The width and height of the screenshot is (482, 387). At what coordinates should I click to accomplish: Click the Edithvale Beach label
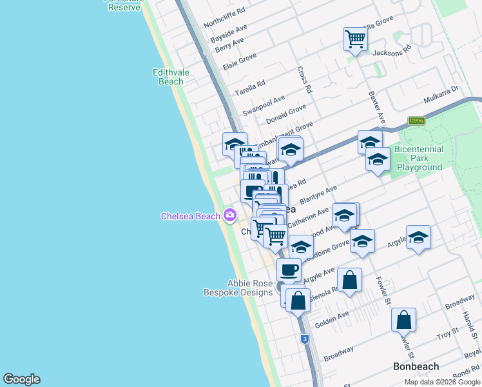click(171, 77)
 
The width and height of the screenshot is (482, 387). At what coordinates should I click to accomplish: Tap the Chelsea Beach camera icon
click(229, 216)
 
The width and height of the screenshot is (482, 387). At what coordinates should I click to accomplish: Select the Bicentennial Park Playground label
click(419, 158)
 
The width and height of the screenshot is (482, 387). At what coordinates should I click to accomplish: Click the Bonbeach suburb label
click(416, 366)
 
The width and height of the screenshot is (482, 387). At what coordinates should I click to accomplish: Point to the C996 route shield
click(416, 121)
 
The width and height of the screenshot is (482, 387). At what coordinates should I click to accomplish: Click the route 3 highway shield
click(304, 339)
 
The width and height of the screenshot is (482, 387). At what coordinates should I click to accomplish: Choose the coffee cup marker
click(289, 270)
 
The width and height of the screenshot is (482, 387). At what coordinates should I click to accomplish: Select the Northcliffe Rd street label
click(224, 17)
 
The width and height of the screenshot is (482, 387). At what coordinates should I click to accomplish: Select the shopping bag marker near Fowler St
click(403, 320)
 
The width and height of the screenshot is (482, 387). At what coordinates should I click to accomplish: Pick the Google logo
click(21, 379)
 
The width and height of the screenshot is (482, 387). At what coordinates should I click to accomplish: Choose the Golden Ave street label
click(332, 318)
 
